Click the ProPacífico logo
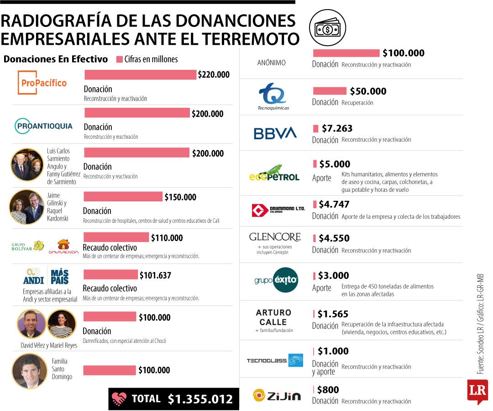click(42, 83)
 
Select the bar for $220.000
click(140, 74)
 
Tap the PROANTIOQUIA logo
click(43, 126)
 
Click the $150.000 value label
click(180, 197)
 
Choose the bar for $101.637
click(110, 274)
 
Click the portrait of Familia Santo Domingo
click(30, 371)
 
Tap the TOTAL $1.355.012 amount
click(200, 399)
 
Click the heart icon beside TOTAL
click(119, 399)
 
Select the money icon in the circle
click(328, 28)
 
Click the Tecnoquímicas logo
click(273, 96)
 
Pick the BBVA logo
click(275, 133)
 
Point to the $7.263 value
click(337, 128)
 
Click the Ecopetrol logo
click(274, 173)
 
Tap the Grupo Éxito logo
click(276, 280)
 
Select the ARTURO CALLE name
click(273, 317)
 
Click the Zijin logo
click(277, 395)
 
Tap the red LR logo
click(477, 391)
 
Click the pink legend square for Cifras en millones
click(119, 59)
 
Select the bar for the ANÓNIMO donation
click(346, 53)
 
